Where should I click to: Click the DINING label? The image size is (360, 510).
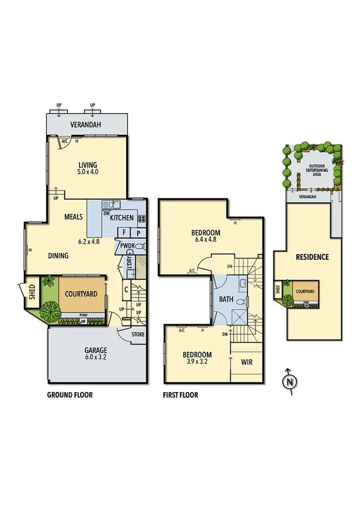pos(58,256)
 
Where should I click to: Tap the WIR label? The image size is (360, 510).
pos(246,363)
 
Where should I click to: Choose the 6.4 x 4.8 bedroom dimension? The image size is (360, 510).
pos(205,241)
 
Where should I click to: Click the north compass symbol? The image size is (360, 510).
pos(289,381)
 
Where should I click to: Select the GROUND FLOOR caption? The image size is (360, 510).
pos(69,395)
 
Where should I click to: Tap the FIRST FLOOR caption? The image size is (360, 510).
pos(180,395)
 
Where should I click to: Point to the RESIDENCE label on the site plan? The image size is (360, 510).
pos(312,257)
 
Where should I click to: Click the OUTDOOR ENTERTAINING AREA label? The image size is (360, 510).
pos(318,170)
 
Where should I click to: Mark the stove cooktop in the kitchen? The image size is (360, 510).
pos(142,218)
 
